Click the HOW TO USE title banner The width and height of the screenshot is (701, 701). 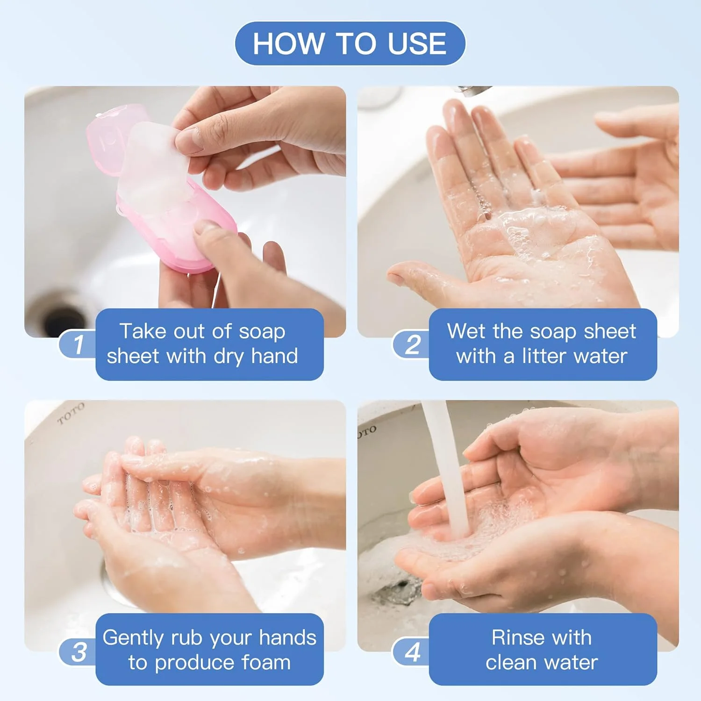[350, 43]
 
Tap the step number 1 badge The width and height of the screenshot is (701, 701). [78, 344]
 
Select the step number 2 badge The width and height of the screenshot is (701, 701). [412, 344]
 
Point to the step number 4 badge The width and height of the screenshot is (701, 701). [412, 651]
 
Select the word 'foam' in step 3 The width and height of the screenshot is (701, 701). [266, 663]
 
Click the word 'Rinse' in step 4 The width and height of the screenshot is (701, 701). [514, 637]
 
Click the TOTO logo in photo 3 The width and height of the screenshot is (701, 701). [71, 413]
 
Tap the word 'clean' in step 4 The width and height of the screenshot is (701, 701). [511, 663]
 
